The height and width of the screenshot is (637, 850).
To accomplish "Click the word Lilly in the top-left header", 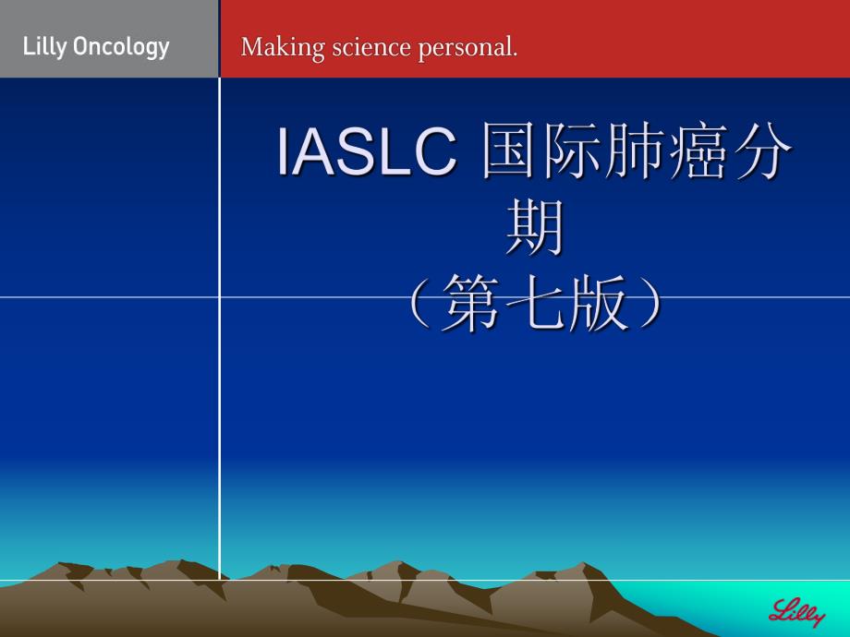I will [x=42, y=47].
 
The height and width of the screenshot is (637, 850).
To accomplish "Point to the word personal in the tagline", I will [x=467, y=48].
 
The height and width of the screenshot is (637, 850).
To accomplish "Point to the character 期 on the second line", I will [x=535, y=229].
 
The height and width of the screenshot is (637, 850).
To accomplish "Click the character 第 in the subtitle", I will [x=471, y=305].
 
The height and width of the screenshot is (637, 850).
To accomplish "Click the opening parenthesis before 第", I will [x=421, y=305].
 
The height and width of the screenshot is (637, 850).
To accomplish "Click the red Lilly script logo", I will [x=796, y=611].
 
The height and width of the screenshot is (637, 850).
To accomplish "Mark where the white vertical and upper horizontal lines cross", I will [x=220, y=297].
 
